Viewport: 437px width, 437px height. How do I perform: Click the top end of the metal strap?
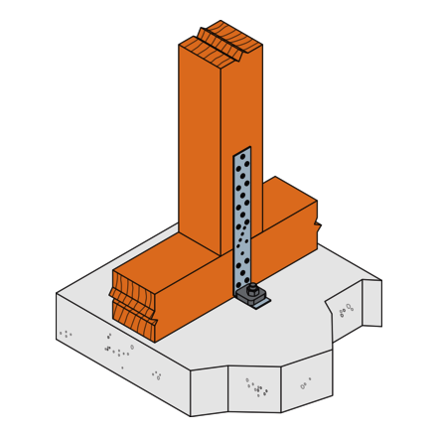(x=241, y=153)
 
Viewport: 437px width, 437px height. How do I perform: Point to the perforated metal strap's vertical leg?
(x=242, y=218)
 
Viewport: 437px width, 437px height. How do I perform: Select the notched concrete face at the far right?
(x=371, y=303)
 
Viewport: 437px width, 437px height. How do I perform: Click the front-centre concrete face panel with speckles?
(x=254, y=389)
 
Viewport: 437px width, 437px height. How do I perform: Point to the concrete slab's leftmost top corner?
(x=57, y=293)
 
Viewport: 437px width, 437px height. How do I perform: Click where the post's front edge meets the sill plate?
(x=220, y=256)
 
